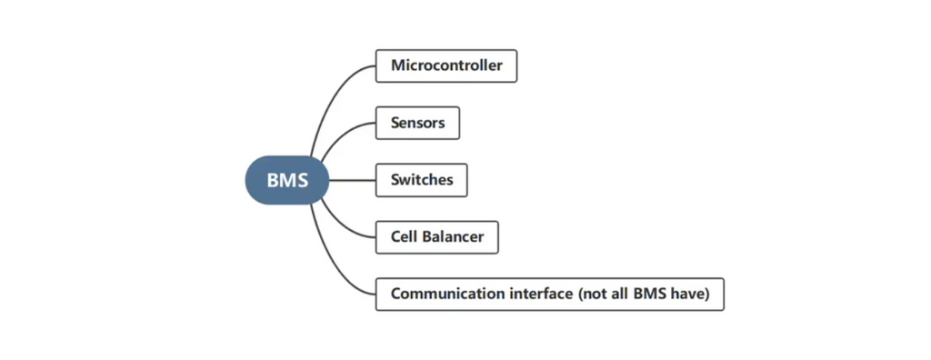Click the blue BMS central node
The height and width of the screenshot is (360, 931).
[x=286, y=180]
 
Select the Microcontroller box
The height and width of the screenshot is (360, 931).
[x=445, y=65]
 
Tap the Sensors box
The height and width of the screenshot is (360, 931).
[x=417, y=123]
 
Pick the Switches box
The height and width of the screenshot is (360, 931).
[x=421, y=180]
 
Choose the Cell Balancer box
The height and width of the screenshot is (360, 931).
[x=436, y=237]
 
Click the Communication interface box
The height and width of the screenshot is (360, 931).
[x=549, y=294]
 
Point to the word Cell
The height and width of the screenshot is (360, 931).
[x=405, y=237]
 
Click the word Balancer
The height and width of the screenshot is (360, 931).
[x=453, y=237]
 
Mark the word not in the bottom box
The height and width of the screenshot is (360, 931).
[x=594, y=294]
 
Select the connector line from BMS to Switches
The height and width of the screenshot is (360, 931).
[x=352, y=180]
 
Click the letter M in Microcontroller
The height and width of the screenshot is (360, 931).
[x=397, y=65]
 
